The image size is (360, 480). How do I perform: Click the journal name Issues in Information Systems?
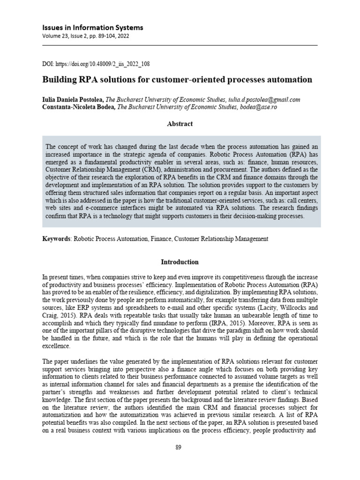(93, 28)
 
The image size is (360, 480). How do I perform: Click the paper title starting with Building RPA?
(177, 80)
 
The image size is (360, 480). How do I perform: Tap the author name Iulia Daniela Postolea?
(73, 100)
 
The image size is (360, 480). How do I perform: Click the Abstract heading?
(180, 124)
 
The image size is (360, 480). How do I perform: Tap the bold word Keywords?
(56, 239)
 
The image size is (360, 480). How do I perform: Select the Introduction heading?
(180, 262)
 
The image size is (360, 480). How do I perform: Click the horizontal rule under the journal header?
(180, 45)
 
